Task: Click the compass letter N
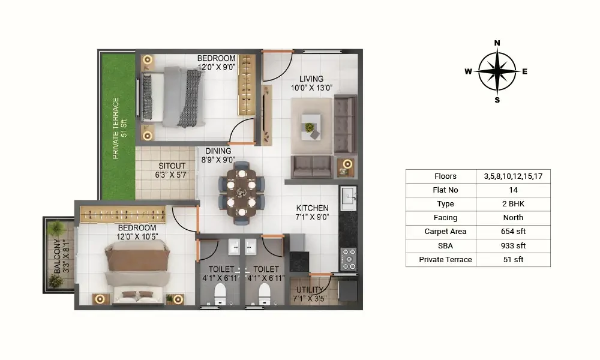[497, 43]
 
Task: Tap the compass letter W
[468, 71]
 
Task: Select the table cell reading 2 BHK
[513, 204]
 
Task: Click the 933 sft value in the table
[513, 245]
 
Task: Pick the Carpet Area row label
[445, 232]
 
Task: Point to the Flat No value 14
[513, 190]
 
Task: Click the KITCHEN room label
[312, 208]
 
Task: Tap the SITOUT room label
[172, 166]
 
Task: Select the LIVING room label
[311, 79]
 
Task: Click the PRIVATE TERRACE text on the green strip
[116, 128]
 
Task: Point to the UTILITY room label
[310, 290]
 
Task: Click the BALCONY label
[57, 256]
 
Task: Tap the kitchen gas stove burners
[349, 259]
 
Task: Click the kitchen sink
[348, 198]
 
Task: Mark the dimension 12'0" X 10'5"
[137, 237]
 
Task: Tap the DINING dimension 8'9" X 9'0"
[218, 160]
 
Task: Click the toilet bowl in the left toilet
[220, 293]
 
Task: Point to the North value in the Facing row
[513, 218]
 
